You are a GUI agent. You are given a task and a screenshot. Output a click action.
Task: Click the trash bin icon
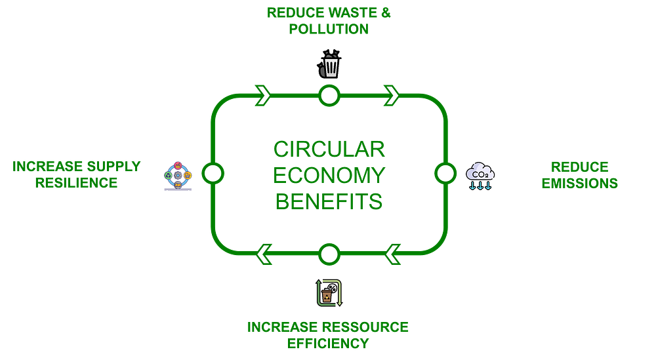(x=329, y=66)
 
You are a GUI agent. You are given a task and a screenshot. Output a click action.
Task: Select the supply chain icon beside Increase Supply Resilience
(x=178, y=176)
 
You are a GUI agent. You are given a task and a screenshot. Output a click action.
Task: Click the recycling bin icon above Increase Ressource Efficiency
(x=329, y=292)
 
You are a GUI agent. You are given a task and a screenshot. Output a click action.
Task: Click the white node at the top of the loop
(x=329, y=96)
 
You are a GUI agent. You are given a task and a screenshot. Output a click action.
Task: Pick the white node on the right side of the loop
(x=445, y=174)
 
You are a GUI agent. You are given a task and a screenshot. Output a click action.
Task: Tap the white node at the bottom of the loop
(x=329, y=253)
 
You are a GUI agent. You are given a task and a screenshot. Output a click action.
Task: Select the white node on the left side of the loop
(x=213, y=174)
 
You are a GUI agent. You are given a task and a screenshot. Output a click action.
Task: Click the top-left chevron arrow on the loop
(x=264, y=95)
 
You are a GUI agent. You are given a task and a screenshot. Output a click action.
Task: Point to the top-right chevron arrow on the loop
(x=392, y=95)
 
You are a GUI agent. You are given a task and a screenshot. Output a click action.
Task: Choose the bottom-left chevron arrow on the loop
(x=264, y=253)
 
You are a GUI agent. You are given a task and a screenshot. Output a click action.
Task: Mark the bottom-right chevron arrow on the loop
(x=393, y=253)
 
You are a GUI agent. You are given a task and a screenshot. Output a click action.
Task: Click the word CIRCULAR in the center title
(x=329, y=150)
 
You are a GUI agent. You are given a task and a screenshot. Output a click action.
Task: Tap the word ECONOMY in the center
(x=329, y=175)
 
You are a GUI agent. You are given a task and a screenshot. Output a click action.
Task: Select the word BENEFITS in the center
(x=329, y=201)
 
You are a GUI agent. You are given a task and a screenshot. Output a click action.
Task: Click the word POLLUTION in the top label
(x=329, y=30)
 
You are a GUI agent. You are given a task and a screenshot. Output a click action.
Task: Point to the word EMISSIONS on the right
(x=579, y=183)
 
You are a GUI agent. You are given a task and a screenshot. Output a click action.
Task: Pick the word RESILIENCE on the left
(x=77, y=183)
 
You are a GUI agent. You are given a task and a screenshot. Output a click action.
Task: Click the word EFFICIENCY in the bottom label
(x=328, y=343)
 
